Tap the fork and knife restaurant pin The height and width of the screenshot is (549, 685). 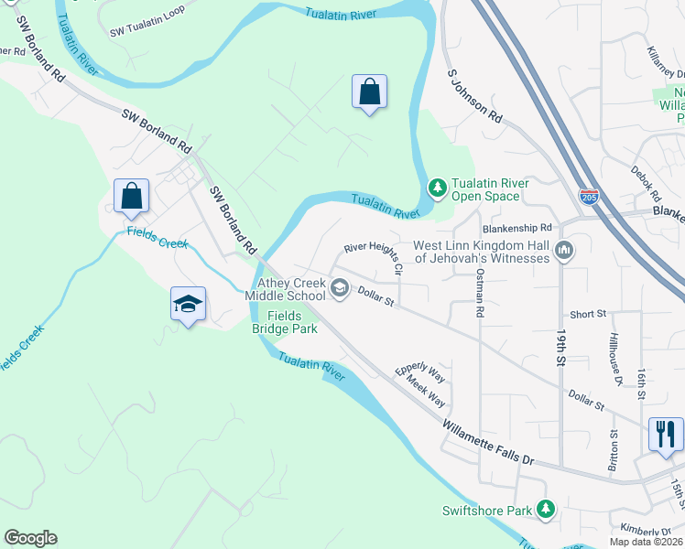(x=665, y=433)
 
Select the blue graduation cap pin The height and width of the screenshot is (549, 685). (x=188, y=304)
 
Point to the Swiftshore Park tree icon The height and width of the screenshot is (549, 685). (x=546, y=508)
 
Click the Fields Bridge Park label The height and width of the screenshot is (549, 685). (x=285, y=322)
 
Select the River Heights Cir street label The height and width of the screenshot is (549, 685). (x=374, y=258)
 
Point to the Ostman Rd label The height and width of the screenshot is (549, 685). (x=479, y=294)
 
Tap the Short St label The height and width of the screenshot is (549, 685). (x=588, y=314)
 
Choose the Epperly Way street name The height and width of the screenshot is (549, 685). (x=420, y=374)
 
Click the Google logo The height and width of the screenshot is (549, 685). (x=31, y=537)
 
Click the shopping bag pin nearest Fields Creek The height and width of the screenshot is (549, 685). (x=131, y=195)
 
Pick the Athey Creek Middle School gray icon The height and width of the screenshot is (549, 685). (x=339, y=289)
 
